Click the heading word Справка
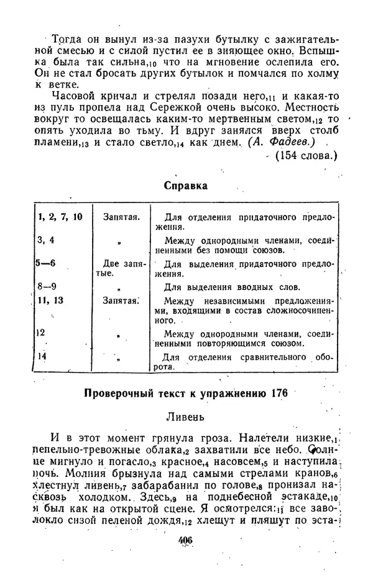[x=185, y=185]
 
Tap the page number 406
[x=185, y=540]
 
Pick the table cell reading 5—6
[x=47, y=263]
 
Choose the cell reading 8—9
[x=47, y=286]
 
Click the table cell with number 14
[x=43, y=356]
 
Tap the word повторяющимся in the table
[x=236, y=343]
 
